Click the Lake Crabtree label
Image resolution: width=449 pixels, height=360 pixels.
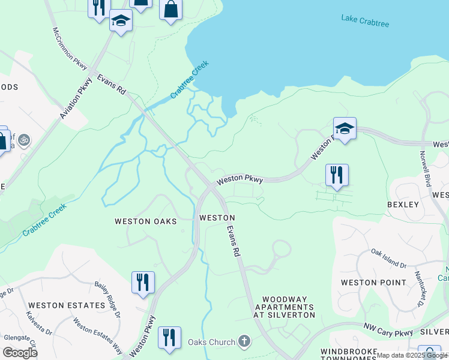(x=365, y=20)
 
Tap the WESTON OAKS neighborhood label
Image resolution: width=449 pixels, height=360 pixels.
(x=146, y=221)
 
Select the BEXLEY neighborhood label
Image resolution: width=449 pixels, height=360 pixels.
(x=403, y=205)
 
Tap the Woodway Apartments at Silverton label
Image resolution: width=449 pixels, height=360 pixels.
(x=284, y=307)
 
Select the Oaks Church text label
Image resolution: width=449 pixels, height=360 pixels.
(x=211, y=343)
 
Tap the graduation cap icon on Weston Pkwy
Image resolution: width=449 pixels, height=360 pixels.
(x=345, y=128)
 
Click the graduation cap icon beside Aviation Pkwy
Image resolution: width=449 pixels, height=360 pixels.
(x=121, y=21)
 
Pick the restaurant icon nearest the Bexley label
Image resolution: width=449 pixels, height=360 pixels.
(x=337, y=175)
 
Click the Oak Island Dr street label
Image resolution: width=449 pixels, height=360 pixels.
(x=388, y=259)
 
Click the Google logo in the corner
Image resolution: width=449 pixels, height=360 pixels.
(x=20, y=353)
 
